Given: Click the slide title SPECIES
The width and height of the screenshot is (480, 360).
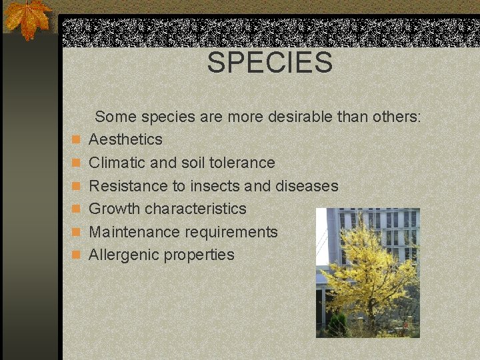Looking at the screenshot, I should tap(269, 63).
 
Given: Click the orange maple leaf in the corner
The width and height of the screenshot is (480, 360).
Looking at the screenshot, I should tap(27, 18).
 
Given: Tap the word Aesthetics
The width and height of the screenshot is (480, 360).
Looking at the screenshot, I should tap(125, 139).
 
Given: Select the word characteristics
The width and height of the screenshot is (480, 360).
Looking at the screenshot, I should tap(195, 209).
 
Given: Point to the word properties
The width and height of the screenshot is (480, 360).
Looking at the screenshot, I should tap(199, 255).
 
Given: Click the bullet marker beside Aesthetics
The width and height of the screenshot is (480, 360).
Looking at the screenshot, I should tap(77, 140).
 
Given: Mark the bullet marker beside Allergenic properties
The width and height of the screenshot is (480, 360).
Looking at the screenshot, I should tap(77, 255).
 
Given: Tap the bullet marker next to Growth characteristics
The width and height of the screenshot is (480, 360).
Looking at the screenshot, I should tap(77, 209).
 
